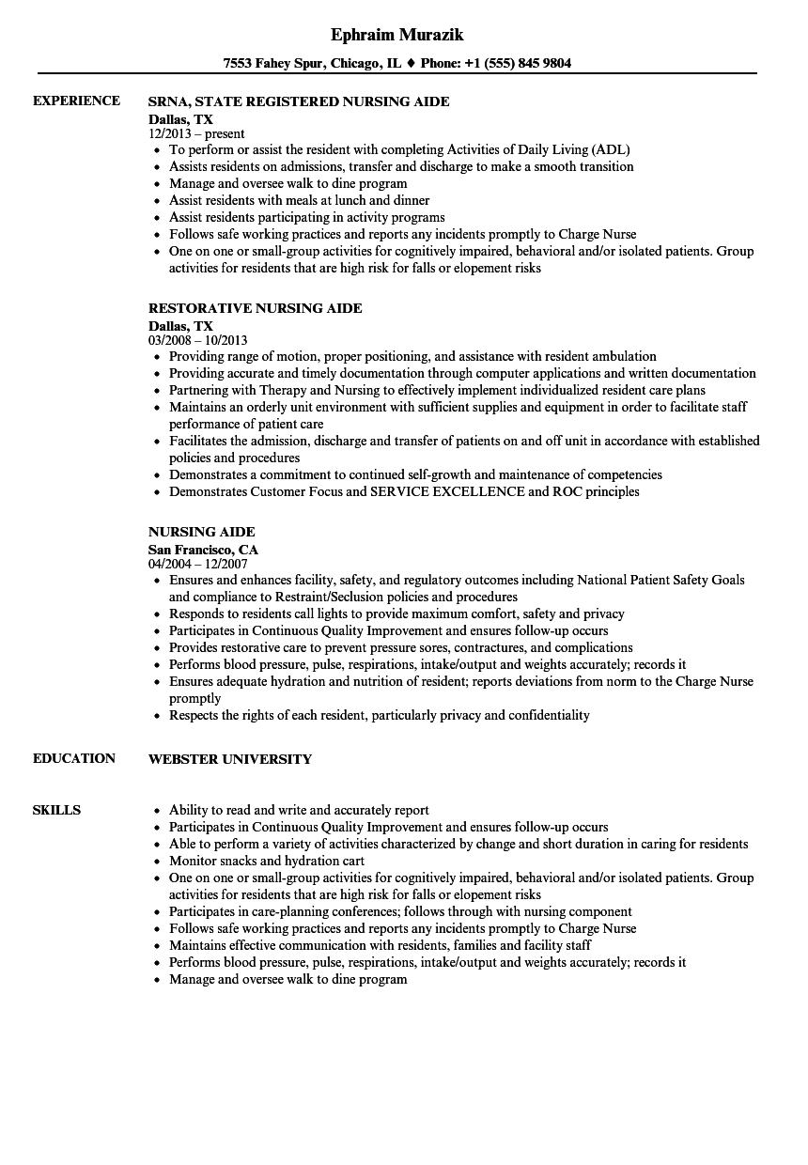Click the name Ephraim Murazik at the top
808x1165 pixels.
397,35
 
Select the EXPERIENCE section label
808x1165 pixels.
76,101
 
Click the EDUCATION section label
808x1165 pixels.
74,758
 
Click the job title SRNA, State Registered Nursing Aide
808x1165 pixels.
299,101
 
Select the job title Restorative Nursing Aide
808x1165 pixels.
256,308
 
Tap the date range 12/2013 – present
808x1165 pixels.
196,134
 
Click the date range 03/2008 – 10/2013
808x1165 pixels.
198,340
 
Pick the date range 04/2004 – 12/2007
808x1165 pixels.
198,564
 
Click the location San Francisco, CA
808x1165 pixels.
203,549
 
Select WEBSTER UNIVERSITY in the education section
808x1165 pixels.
230,758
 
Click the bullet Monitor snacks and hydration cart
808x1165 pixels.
267,861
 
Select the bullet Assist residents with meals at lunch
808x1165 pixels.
299,200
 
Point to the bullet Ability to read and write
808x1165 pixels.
299,810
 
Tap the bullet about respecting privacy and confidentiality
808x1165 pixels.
380,715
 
